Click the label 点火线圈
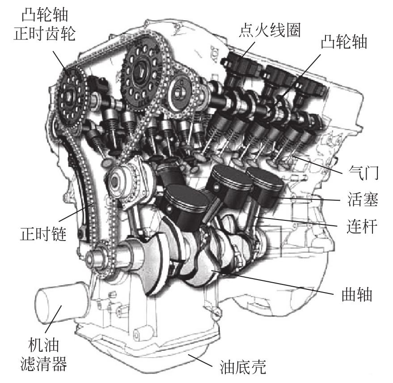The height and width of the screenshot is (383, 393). click(x=270, y=30)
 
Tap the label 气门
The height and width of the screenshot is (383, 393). click(x=363, y=172)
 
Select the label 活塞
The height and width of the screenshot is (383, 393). click(x=363, y=199)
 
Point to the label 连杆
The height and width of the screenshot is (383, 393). click(x=362, y=226)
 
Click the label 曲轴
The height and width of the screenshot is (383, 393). click(x=357, y=294)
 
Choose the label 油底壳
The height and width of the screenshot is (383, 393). click(x=243, y=367)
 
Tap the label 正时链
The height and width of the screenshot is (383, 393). click(x=43, y=234)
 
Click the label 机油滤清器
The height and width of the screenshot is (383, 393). click(x=43, y=354)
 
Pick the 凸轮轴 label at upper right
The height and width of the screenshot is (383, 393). click(x=344, y=42)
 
